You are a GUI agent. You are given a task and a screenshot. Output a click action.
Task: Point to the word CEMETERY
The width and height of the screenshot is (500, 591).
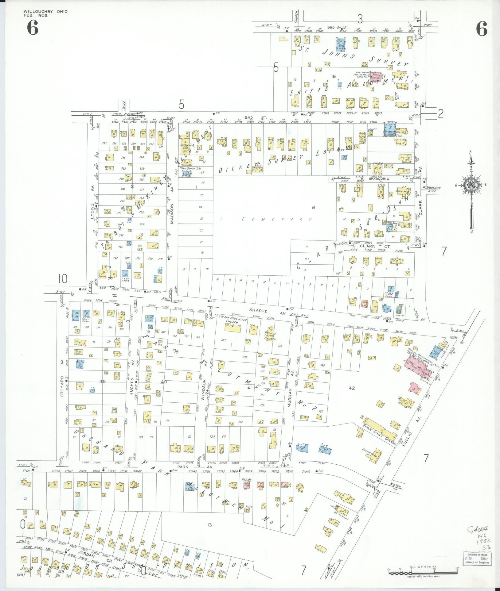pos(277,219)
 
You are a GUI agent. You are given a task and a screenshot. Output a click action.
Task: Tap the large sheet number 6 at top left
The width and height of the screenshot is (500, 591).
pos(33,29)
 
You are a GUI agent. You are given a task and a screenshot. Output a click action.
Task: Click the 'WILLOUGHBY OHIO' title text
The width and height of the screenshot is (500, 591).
pos(45,11)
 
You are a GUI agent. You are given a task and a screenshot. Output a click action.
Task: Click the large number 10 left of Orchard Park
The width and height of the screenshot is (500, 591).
pos(62,279)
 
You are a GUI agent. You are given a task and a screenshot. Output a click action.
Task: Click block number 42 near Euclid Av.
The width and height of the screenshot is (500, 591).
pos(352,388)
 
